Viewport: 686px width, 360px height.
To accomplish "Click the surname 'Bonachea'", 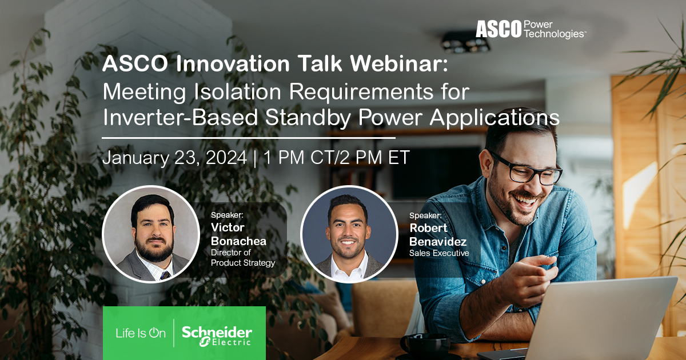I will point(238,241).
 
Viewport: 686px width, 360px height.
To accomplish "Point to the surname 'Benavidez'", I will point(438,241).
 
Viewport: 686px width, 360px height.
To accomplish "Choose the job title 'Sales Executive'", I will point(438,253).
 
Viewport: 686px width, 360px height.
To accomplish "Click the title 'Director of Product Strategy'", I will point(242,257).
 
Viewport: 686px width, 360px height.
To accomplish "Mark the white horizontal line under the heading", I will point(249,138).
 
